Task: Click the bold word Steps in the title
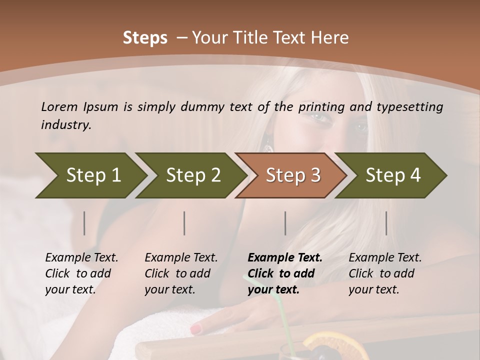145,37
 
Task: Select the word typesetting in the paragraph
407,107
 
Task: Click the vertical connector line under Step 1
84,223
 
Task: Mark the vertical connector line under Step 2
184,223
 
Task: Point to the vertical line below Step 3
285,223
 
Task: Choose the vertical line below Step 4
386,223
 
